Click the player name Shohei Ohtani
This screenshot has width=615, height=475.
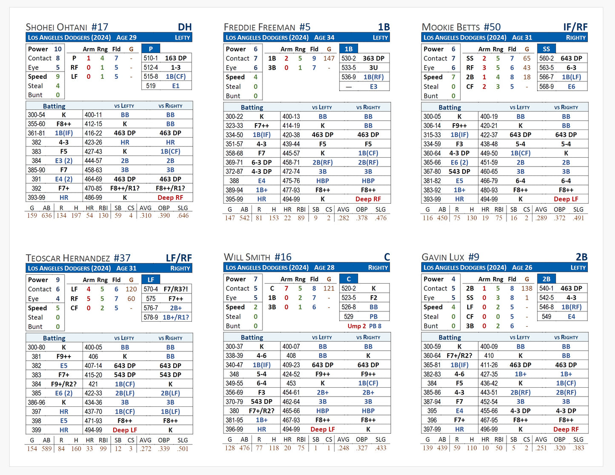(57, 27)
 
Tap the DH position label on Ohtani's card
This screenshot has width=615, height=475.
(185, 27)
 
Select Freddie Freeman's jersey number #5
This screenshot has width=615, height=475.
(305, 27)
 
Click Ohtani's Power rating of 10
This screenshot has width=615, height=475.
(58, 49)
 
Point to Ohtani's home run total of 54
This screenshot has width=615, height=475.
(89, 216)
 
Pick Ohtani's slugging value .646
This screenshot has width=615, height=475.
(183, 216)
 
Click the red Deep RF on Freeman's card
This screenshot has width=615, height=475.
(368, 199)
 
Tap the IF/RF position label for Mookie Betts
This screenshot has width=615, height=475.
(575, 27)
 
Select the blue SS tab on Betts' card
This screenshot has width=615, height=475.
(546, 49)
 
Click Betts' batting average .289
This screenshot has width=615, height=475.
(541, 218)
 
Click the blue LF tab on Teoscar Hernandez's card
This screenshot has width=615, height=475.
(151, 280)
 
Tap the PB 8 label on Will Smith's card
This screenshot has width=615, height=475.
(375, 326)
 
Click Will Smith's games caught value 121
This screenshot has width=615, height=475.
(329, 288)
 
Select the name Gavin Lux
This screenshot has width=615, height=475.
(443, 257)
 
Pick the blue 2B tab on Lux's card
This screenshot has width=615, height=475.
(546, 279)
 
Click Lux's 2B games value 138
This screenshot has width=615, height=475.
(527, 288)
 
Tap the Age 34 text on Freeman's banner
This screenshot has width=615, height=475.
(324, 37)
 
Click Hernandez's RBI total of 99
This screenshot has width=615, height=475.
(103, 449)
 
